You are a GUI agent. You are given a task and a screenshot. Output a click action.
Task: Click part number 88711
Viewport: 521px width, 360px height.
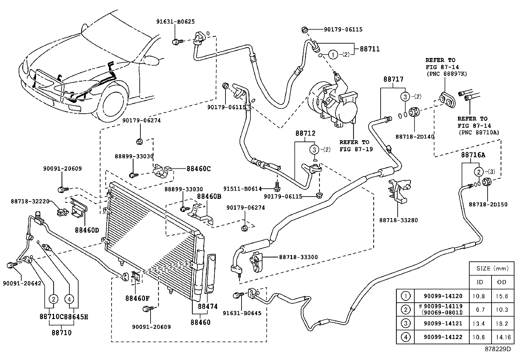tap(370, 49)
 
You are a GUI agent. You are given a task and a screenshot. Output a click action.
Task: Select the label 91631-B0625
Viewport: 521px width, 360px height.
tap(175, 22)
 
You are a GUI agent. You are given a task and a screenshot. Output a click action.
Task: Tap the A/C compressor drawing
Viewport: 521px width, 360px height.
tap(334, 102)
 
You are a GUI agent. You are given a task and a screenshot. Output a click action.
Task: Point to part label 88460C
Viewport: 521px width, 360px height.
tap(198, 169)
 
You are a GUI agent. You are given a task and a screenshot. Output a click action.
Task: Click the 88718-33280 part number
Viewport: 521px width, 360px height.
tap(399, 220)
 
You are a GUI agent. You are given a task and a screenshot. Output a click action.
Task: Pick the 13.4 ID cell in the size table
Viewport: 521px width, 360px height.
tap(480, 323)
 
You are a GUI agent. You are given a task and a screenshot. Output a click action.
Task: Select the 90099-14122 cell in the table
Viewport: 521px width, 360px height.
tap(443, 337)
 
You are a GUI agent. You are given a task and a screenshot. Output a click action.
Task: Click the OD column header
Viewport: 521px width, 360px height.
tap(502, 282)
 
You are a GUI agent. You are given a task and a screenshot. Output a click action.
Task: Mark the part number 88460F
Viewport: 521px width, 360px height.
tap(137, 298)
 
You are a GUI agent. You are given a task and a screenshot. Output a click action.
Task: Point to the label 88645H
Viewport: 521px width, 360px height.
tap(76, 317)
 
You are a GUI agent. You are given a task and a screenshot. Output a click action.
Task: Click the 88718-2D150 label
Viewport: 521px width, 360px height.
tap(488, 204)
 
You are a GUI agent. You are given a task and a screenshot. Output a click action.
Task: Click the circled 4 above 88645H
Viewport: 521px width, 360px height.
tap(69, 299)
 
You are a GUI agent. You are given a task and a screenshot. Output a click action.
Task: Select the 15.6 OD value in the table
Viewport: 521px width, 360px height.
tap(502, 296)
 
